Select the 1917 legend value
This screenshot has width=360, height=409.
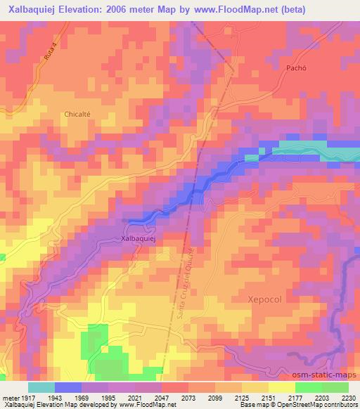coord(28,397)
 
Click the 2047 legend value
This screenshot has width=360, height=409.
coord(162,397)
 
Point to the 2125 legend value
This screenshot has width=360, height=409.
coord(243,397)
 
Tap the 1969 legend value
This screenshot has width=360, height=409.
coord(82,397)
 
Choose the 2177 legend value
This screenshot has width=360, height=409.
coord(296,397)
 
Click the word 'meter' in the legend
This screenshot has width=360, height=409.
coord(10,397)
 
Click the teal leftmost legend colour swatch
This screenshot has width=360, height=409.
coord(41,387)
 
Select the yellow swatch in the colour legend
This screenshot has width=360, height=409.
coord(282,387)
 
